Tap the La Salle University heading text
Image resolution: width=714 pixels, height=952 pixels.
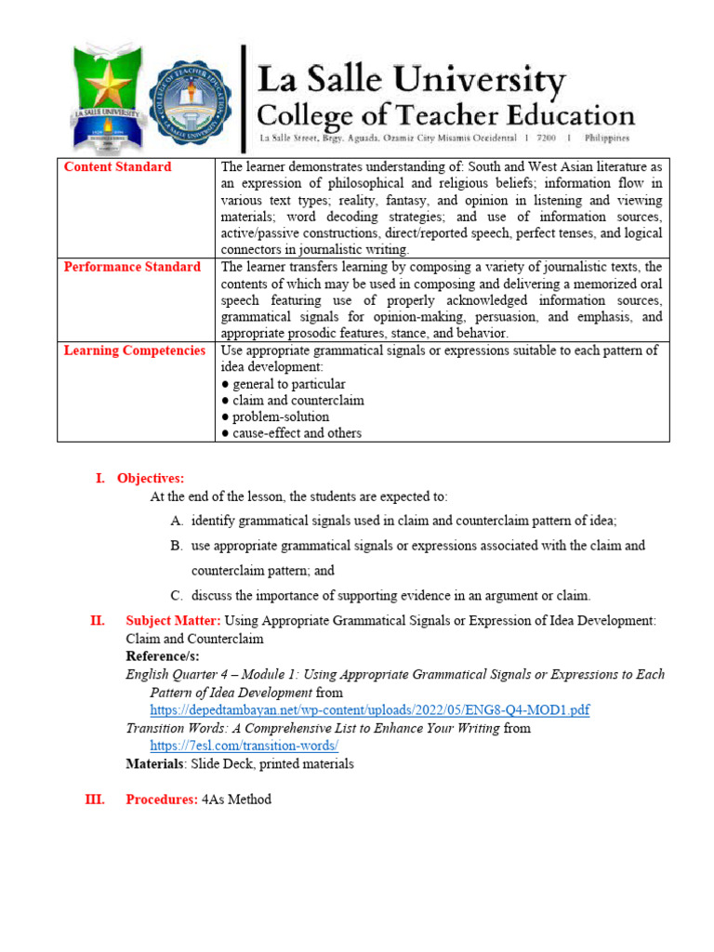pos(410,82)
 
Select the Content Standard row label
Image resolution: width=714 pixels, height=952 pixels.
pos(117,167)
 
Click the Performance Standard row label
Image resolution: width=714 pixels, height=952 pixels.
pos(132,267)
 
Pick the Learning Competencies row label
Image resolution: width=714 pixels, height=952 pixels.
pos(135,350)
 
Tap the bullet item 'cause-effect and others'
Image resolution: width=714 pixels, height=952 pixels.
pos(291,433)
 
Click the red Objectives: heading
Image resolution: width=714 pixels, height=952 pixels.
pos(151,478)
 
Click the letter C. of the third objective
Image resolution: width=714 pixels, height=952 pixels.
pos(177,595)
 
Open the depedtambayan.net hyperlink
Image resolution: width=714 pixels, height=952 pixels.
pos(370,710)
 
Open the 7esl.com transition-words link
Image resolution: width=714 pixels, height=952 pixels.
pos(245,746)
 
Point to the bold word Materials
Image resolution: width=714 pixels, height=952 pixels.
pos(155,764)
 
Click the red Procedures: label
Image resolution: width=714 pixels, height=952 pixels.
pos(162,800)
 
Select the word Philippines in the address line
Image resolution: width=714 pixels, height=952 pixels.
pos(607,138)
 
